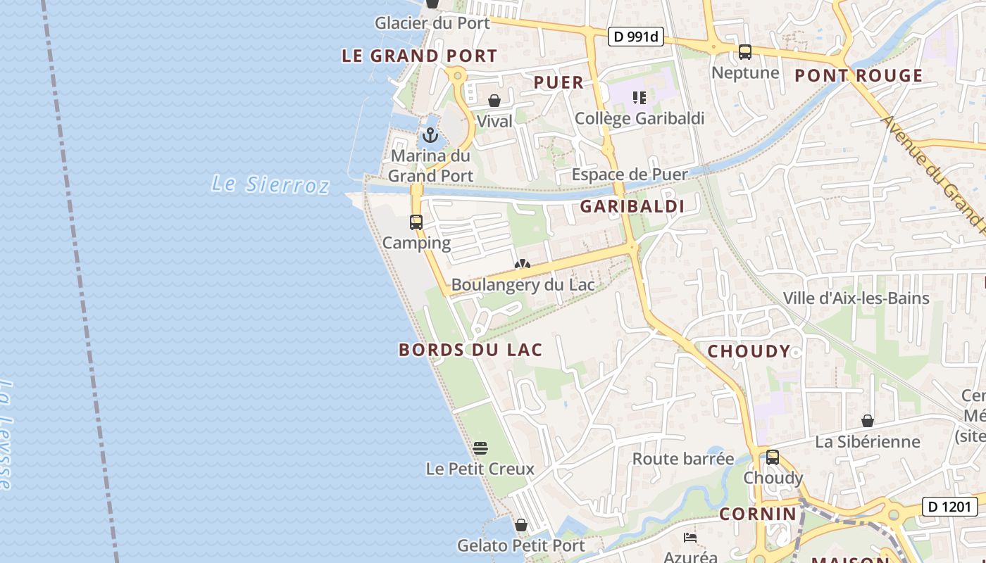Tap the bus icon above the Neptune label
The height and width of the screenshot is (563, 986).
[x=745, y=51]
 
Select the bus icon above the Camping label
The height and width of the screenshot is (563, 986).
[x=416, y=222]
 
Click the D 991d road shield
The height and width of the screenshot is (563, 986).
[x=636, y=37]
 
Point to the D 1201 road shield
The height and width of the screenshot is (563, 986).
[x=950, y=506]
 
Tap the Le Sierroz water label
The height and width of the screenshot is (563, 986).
[x=270, y=184]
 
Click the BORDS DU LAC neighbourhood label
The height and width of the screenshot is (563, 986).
[x=470, y=350]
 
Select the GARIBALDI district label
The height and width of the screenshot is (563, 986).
[x=632, y=206]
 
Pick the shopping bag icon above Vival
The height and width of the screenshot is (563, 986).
[x=494, y=101]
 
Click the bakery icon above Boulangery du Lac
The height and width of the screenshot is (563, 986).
[x=523, y=265]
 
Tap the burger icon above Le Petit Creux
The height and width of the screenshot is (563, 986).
[x=480, y=448]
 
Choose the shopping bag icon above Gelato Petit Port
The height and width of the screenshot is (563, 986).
[x=521, y=525]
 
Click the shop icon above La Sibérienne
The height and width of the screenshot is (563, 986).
[x=868, y=421]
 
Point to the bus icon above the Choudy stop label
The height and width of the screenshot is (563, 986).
[x=773, y=457]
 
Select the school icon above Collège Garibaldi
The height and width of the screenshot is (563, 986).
[x=639, y=97]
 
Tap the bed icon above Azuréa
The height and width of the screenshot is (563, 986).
[x=690, y=538]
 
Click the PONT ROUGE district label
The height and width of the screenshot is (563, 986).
[x=859, y=75]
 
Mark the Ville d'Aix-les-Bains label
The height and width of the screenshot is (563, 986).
[x=856, y=298]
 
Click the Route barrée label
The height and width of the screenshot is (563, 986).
[x=683, y=459]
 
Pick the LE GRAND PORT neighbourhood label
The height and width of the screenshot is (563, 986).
[x=420, y=56]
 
